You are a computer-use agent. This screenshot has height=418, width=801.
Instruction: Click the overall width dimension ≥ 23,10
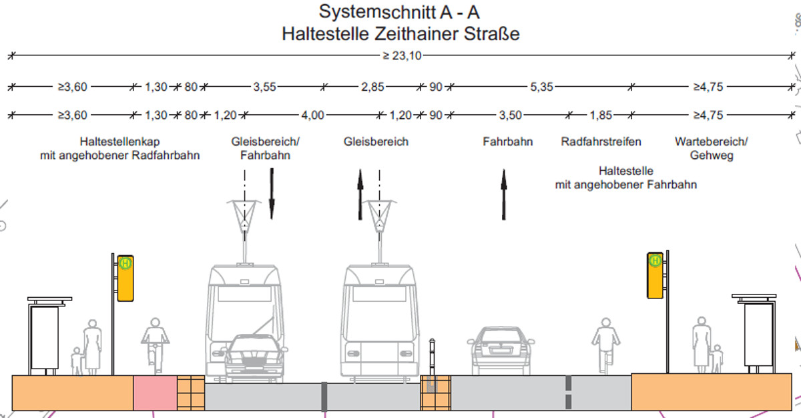click(x=402, y=56)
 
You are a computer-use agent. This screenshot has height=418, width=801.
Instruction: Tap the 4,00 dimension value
click(x=312, y=115)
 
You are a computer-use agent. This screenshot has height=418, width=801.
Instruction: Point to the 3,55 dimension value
click(x=264, y=87)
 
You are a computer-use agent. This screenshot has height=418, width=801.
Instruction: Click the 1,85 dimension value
click(x=601, y=115)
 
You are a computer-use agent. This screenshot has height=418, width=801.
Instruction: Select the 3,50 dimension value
click(x=510, y=115)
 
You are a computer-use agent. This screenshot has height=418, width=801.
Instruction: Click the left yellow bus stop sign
click(x=125, y=277)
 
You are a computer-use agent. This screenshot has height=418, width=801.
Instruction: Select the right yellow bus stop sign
click(x=655, y=274)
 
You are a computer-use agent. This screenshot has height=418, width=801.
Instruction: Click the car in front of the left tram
click(x=254, y=357)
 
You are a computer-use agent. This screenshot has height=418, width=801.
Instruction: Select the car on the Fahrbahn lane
click(x=501, y=351)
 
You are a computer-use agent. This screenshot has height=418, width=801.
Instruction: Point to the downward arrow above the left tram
click(x=272, y=194)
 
